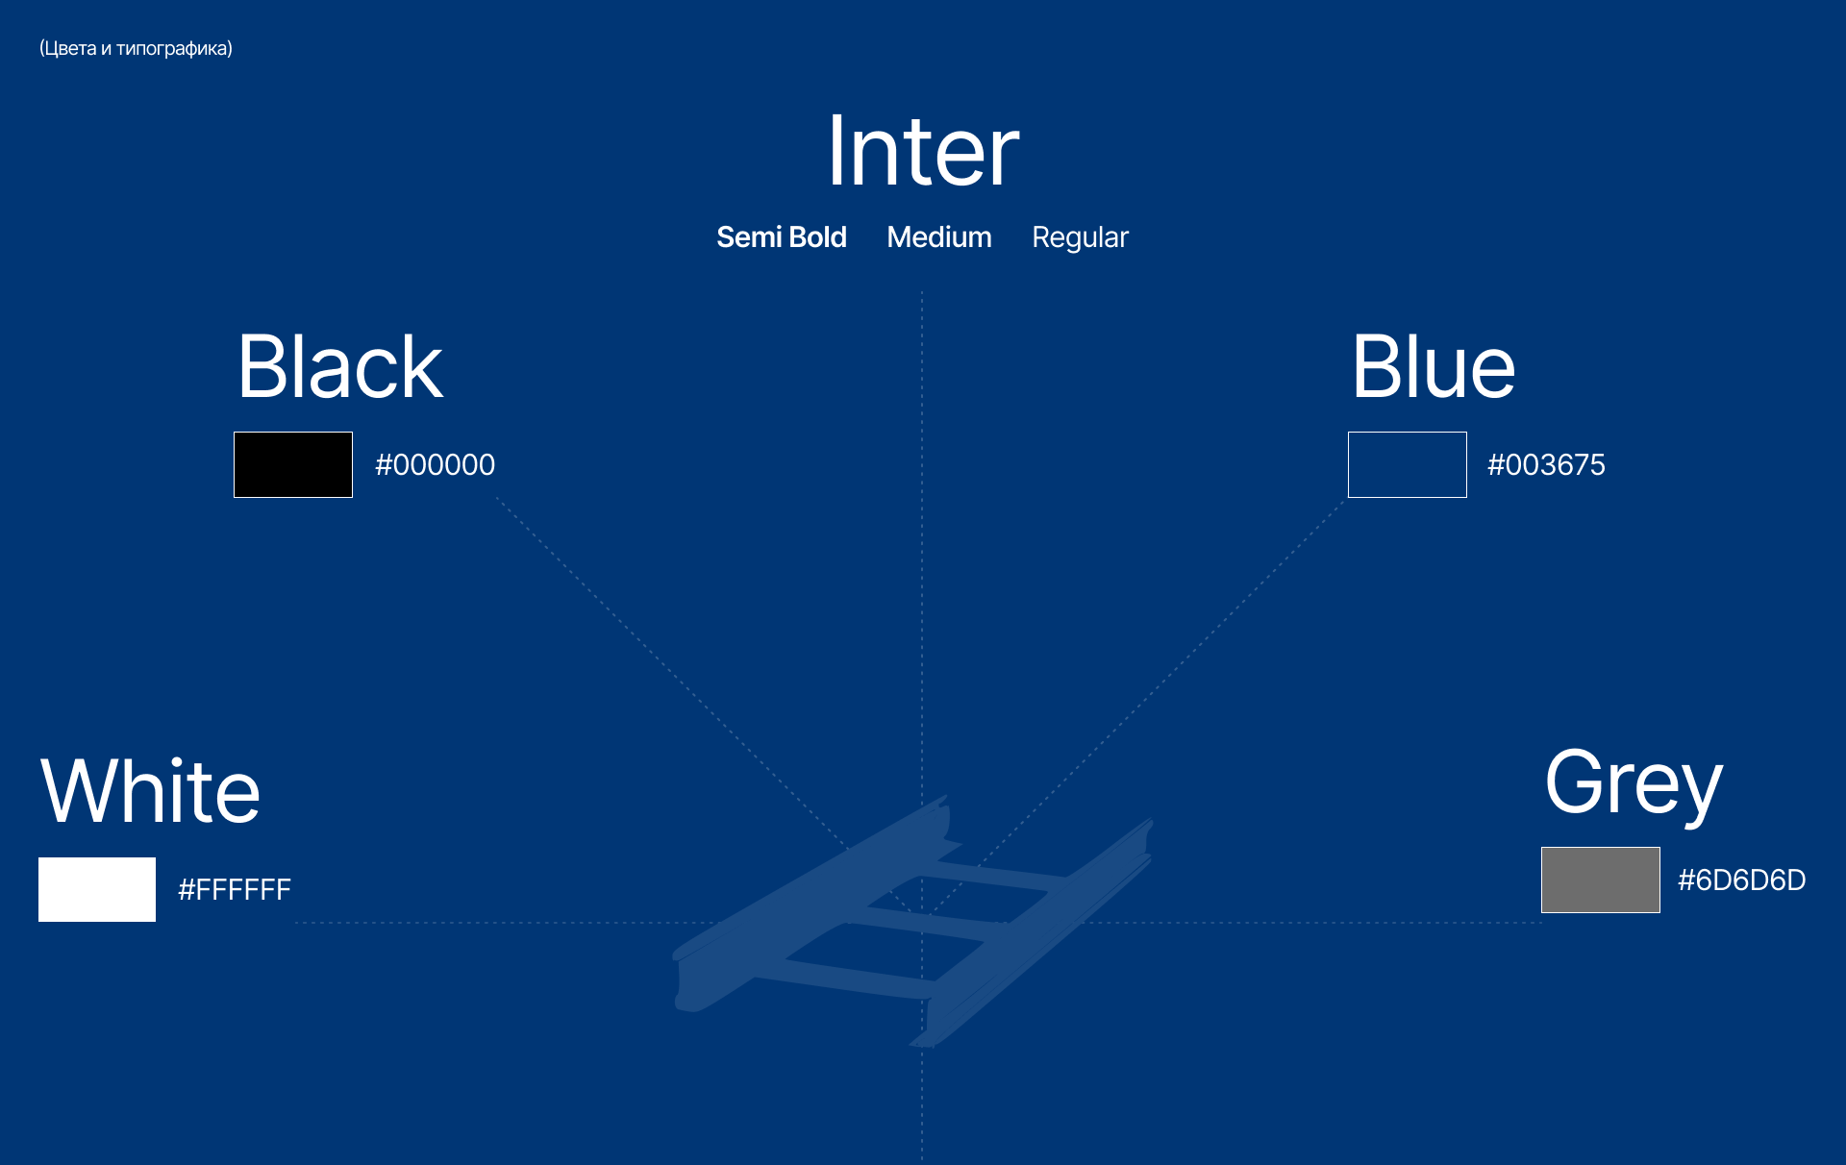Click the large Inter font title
(923, 151)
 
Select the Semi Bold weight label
(781, 237)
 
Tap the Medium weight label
(938, 237)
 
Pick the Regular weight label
(1080, 237)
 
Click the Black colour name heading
(340, 367)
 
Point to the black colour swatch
(293, 465)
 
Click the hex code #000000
(435, 465)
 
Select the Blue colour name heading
(1433, 367)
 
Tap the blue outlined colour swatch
(1407, 465)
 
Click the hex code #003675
(1546, 465)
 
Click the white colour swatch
(97, 889)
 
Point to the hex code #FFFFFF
(235, 890)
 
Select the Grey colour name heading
(1634, 783)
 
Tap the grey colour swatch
(1600, 880)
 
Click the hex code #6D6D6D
(1741, 880)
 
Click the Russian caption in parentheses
(136, 49)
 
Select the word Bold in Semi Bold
(817, 237)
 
